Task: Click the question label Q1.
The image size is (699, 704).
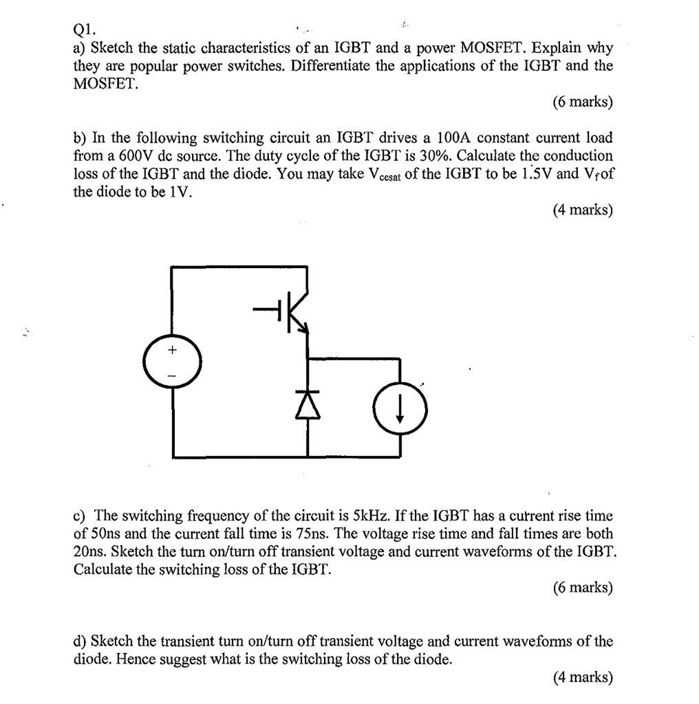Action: coord(85,30)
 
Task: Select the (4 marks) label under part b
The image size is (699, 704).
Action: coord(582,210)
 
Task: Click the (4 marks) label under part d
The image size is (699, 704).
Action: coord(582,677)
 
